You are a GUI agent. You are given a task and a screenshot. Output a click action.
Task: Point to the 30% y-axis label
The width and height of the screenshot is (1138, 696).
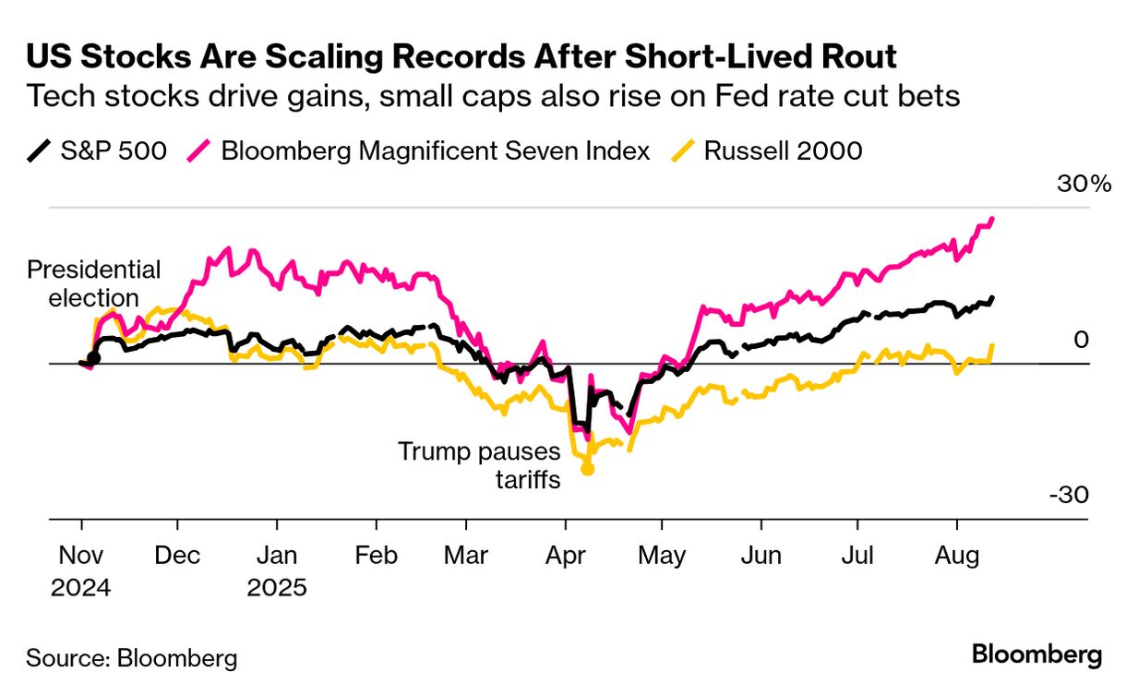[x=1084, y=184]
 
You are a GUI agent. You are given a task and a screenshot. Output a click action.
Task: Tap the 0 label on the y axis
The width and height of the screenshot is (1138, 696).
[x=1082, y=341]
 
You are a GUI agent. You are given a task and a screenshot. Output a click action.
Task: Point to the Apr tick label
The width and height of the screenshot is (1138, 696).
[x=565, y=557]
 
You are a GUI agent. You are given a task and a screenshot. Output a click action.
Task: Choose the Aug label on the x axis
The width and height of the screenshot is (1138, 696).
[x=956, y=557]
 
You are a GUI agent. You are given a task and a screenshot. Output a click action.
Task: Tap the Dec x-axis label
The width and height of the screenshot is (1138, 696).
[x=177, y=557]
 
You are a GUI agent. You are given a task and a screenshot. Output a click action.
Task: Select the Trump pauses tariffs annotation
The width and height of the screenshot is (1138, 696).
[x=479, y=465]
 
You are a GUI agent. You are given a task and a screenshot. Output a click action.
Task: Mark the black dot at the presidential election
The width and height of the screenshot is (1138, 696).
[x=93, y=357]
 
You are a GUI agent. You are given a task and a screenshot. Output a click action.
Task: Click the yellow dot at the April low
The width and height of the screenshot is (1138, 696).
[x=587, y=469]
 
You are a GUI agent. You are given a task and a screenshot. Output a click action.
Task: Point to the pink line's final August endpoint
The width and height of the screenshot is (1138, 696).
[x=992, y=220]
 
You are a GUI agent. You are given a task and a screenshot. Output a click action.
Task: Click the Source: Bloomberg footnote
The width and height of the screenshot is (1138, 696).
[x=132, y=658]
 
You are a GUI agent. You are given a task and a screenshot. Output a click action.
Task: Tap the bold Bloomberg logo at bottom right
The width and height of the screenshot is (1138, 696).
[x=1036, y=655]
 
